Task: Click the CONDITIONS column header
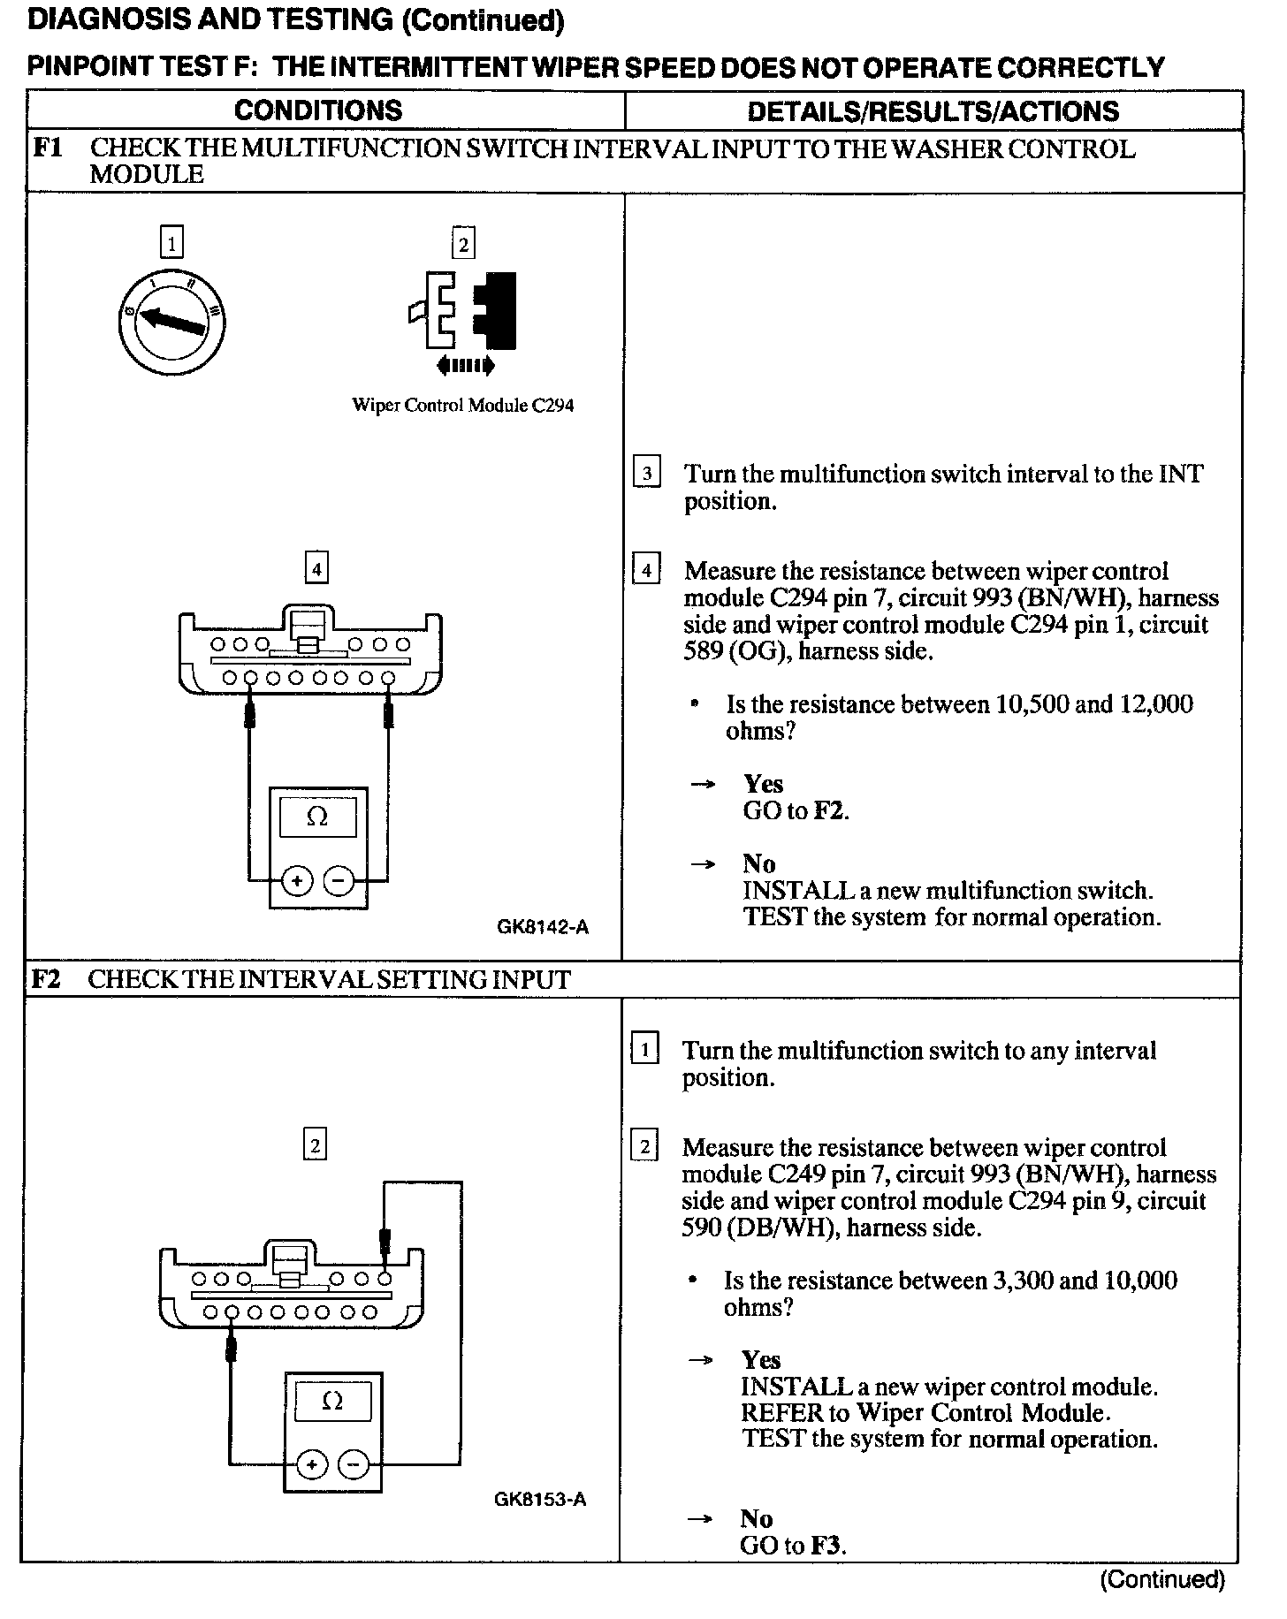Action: coord(318,110)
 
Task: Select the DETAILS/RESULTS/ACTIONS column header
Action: coord(933,111)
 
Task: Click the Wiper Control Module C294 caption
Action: coord(463,406)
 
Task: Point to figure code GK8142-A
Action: coord(543,927)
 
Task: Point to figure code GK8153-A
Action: coord(540,1500)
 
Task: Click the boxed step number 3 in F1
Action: coord(647,474)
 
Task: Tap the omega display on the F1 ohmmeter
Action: coord(317,818)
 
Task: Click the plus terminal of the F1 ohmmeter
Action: coord(297,880)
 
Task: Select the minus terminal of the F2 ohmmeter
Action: coord(354,1465)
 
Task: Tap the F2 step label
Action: coord(46,979)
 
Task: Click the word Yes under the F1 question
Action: coord(763,784)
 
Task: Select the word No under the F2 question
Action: coord(757,1518)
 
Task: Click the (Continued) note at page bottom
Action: coord(1162,1579)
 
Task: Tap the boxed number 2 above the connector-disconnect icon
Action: coord(463,243)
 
